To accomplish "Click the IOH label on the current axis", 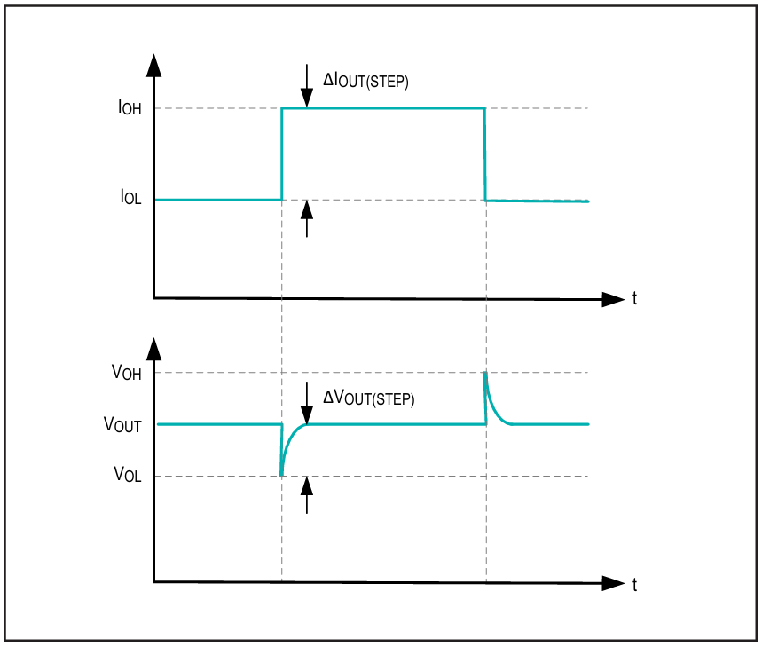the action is [130, 107].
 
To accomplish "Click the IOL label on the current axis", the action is [130, 197].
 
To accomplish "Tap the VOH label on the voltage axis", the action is [126, 373].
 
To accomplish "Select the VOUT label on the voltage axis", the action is [122, 424].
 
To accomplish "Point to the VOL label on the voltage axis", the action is [128, 474].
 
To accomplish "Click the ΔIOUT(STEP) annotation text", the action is [366, 80].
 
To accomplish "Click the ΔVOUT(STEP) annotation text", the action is [369, 398].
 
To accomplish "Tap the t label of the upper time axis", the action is [634, 298].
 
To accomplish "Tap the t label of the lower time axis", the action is [634, 584].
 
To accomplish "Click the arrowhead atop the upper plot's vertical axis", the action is [154, 66].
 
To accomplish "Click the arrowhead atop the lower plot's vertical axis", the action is [154, 349].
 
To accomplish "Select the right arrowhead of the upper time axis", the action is [613, 299].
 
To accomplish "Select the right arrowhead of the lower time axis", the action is [613, 583].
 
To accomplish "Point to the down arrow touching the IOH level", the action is [307, 85].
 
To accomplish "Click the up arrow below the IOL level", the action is [307, 218].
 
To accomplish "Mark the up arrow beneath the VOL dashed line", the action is [307, 495].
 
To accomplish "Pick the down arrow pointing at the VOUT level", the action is [307, 403].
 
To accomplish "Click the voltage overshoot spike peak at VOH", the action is [485, 374].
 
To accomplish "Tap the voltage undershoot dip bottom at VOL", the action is [281, 475].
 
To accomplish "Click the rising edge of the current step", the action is [282, 154].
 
